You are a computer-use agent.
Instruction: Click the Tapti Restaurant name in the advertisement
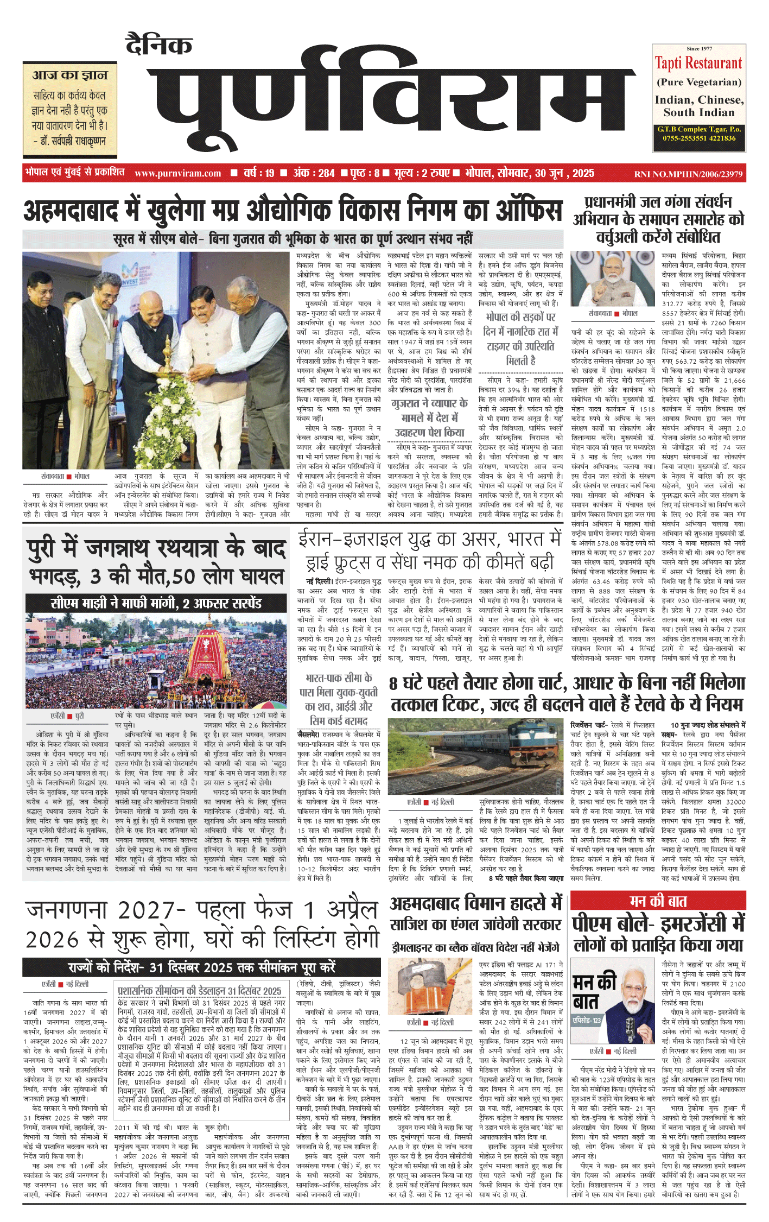pos(698,64)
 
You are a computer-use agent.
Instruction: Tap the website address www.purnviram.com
pos(177,174)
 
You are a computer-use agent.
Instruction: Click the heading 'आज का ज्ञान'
pos(70,75)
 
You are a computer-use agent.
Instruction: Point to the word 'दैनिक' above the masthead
pos(158,45)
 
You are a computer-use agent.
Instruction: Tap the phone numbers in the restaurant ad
pos(698,138)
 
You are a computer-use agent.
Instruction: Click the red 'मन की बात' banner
pos(658,901)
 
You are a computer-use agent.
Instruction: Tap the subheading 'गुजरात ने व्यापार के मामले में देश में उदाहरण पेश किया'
pos(429,417)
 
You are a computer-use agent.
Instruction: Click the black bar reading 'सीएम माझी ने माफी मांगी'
pos(156,603)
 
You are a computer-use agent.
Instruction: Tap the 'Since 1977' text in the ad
pos(699,49)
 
